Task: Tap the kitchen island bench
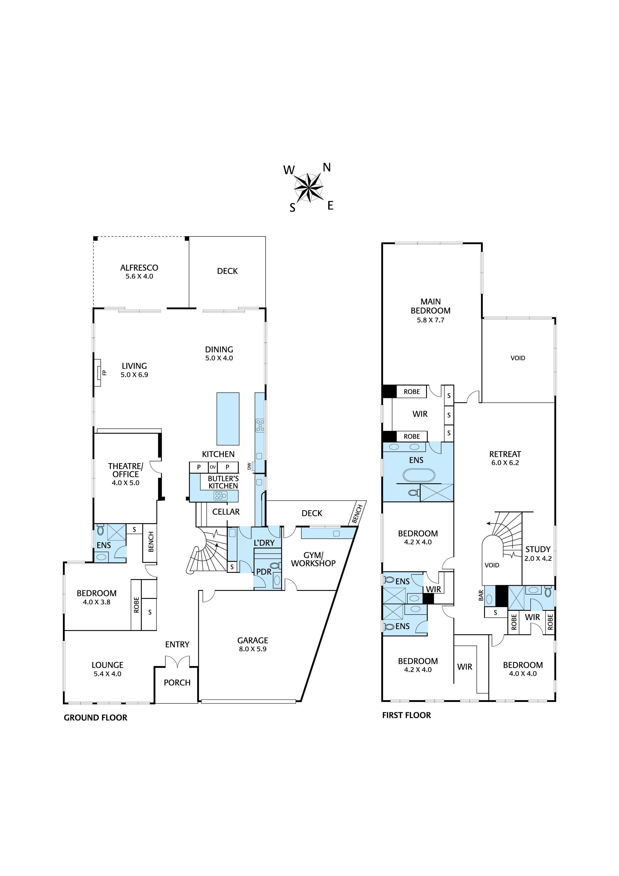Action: pyautogui.click(x=228, y=419)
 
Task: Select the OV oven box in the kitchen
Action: pyautogui.click(x=213, y=467)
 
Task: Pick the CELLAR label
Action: pyautogui.click(x=226, y=512)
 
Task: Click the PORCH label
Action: pyautogui.click(x=177, y=682)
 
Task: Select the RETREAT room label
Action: pyautogui.click(x=505, y=454)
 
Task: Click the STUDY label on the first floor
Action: pyautogui.click(x=538, y=549)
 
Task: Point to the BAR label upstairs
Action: pyautogui.click(x=481, y=595)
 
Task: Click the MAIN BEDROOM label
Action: pyautogui.click(x=431, y=306)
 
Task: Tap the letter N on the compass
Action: pyautogui.click(x=327, y=168)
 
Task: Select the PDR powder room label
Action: pyautogui.click(x=264, y=572)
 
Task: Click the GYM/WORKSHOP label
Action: pyautogui.click(x=313, y=559)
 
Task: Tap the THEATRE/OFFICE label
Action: pyautogui.click(x=126, y=470)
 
